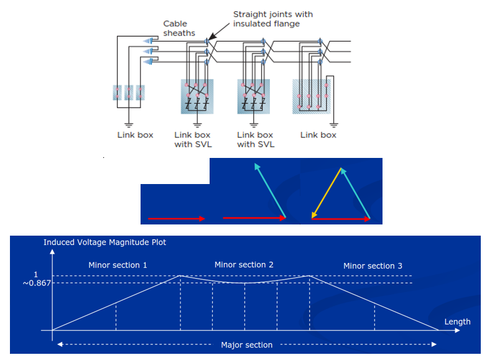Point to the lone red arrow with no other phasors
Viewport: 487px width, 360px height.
point(176,219)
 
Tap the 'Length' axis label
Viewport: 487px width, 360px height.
point(458,321)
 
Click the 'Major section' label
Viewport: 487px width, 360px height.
point(247,345)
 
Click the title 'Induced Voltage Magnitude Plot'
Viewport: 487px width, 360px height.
point(104,242)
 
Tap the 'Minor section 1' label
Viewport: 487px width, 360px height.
point(118,265)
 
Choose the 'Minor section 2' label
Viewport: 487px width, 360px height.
point(244,264)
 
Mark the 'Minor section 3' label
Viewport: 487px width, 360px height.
point(373,265)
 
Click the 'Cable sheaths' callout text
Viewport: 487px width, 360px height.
point(179,29)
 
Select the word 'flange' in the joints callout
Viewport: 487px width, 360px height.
point(286,24)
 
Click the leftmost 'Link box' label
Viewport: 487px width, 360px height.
point(135,135)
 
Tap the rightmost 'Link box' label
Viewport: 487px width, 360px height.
point(318,135)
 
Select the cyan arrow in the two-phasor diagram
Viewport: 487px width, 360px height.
point(270,189)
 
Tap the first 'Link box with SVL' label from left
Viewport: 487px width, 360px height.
point(192,139)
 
